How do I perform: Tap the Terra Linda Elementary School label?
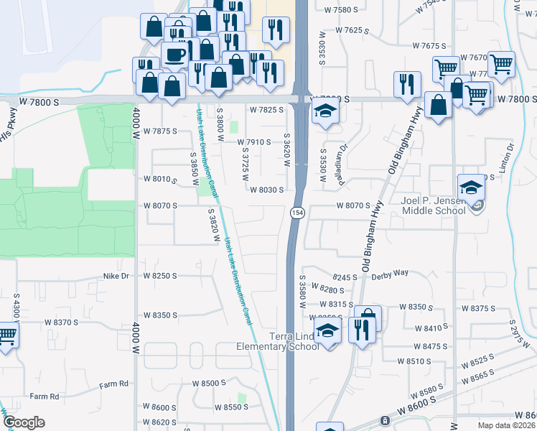click(x=278, y=341)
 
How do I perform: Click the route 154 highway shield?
click(x=296, y=213)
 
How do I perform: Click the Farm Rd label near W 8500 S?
click(x=113, y=384)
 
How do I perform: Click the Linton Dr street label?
click(x=510, y=157)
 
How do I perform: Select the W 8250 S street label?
click(x=159, y=275)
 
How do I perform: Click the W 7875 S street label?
click(x=159, y=131)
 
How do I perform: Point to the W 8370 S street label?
click(x=61, y=323)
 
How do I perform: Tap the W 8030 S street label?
click(x=272, y=190)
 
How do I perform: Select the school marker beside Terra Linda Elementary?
click(x=328, y=333)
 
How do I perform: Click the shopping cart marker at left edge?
click(x=6, y=335)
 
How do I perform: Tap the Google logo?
click(x=24, y=422)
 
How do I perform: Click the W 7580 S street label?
click(x=341, y=10)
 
